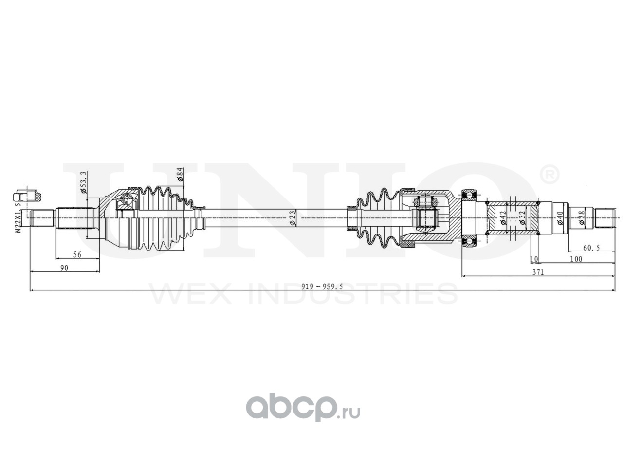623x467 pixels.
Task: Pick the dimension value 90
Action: [x=64, y=268]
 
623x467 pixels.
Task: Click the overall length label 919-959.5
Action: [x=322, y=287]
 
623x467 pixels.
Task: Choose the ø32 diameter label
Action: [x=522, y=217]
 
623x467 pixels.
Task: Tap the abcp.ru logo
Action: [x=303, y=407]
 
